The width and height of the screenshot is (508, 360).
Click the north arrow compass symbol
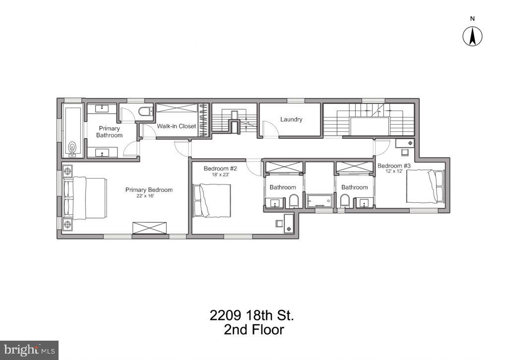pyautogui.click(x=473, y=36)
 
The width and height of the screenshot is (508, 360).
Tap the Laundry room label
pyautogui.click(x=291, y=120)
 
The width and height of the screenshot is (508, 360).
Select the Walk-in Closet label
pyautogui.click(x=177, y=126)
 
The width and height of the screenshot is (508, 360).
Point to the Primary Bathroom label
pyautogui.click(x=109, y=132)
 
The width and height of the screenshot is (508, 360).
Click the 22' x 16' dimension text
pyautogui.click(x=149, y=196)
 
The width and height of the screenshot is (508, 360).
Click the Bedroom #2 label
pyautogui.click(x=220, y=169)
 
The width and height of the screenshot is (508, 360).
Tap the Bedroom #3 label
pyautogui.click(x=394, y=166)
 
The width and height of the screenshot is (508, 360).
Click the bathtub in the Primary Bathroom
pyautogui.click(x=72, y=130)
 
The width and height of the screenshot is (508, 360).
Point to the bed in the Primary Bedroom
pyautogui.click(x=85, y=197)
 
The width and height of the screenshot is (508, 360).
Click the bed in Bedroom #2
pyautogui.click(x=213, y=200)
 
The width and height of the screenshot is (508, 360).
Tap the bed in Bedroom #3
pyautogui.click(x=425, y=186)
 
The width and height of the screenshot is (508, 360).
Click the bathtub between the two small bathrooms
pyautogui.click(x=319, y=201)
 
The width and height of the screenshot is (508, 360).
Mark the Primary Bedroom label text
pyautogui.click(x=149, y=190)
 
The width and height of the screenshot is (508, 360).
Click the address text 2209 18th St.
pyautogui.click(x=253, y=315)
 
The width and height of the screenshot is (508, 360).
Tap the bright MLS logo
pyautogui.click(x=29, y=349)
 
